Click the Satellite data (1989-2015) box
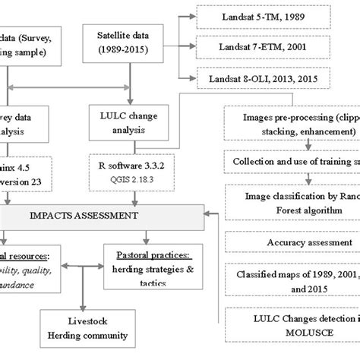click(127, 44)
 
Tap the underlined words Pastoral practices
click(144, 248)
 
